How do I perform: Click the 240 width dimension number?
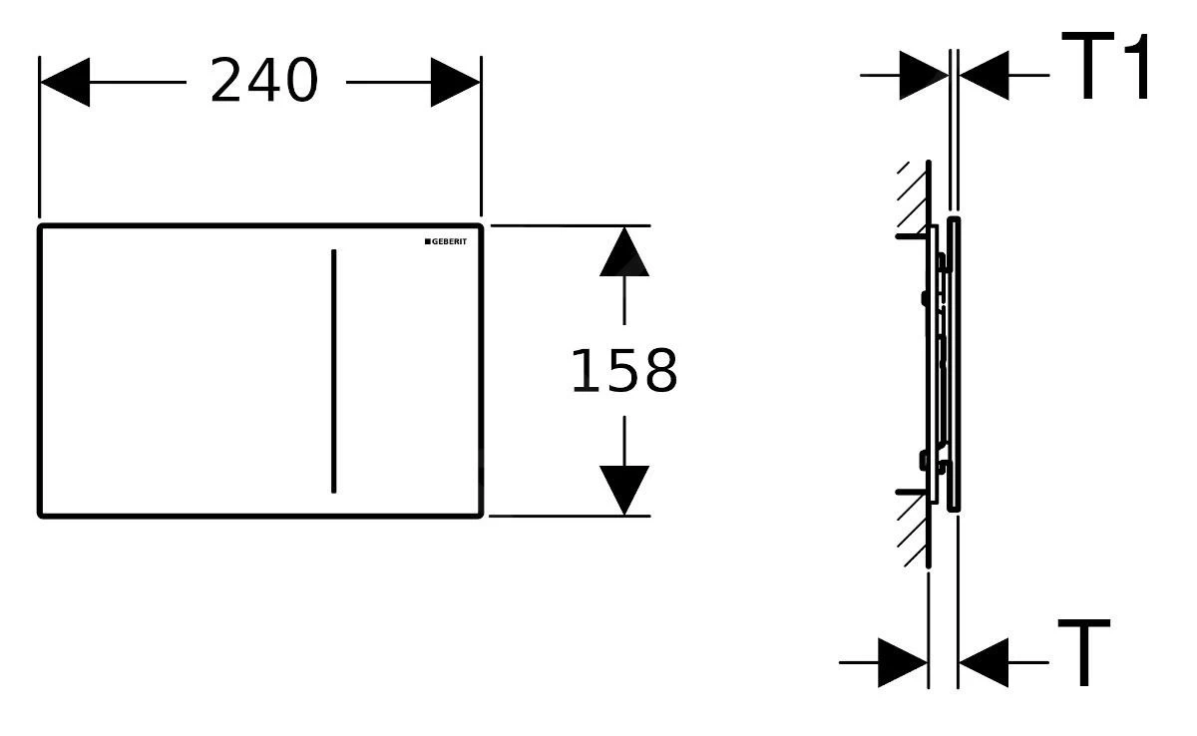click(264, 80)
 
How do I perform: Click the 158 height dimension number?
click(624, 371)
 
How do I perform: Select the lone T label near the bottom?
click(1084, 652)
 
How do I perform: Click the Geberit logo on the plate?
click(446, 241)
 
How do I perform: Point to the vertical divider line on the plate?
click(334, 371)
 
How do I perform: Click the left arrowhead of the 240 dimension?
click(65, 82)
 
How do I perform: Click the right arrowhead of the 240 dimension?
click(455, 82)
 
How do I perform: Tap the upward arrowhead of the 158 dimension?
click(624, 252)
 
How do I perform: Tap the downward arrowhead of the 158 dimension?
click(624, 491)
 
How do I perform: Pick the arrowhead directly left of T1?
click(985, 76)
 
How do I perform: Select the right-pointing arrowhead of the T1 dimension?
click(924, 76)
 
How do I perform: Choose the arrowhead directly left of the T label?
click(984, 662)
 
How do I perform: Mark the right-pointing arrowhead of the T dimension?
click(903, 662)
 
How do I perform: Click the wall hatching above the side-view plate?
click(912, 197)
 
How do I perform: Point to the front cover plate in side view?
click(954, 364)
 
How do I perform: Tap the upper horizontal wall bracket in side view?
click(911, 236)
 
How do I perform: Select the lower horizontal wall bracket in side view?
click(911, 492)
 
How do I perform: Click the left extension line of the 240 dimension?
click(39, 138)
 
